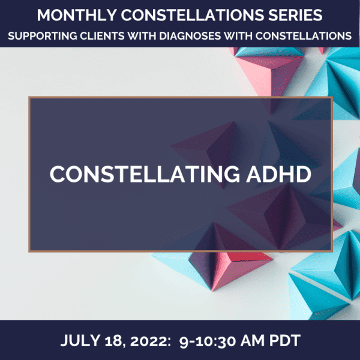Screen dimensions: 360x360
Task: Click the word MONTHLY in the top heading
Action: pos(77,16)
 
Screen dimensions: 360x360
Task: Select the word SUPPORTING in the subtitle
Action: pos(43,36)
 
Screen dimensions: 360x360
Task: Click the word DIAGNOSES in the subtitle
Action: pos(190,36)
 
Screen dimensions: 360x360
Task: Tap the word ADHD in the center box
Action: pos(279,174)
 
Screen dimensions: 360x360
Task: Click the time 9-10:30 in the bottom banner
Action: pos(208,341)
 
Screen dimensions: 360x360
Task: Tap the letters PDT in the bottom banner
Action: pos(284,340)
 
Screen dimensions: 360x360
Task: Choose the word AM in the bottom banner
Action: pos(253,340)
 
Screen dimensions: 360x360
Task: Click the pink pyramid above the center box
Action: pos(269,71)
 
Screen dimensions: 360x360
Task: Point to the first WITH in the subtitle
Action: pos(142,36)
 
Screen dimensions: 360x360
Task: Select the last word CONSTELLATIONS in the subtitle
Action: pos(303,36)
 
